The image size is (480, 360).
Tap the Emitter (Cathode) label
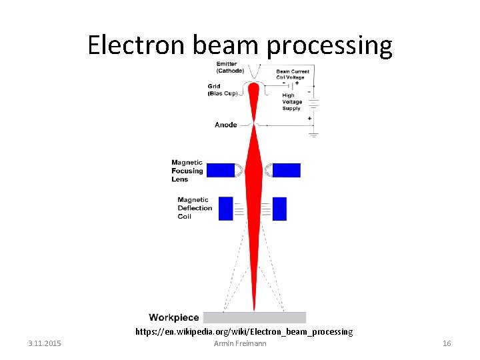230,67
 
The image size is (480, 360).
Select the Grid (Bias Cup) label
222,90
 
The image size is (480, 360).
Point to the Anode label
226,125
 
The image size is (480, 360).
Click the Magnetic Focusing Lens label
187,171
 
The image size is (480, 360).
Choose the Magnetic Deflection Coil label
195,208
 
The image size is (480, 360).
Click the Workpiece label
174,317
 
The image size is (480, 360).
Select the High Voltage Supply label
292,102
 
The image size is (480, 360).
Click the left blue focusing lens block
221,170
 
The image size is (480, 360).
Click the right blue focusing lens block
286,170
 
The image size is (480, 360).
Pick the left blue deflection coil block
226,208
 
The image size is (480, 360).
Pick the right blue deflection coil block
279,208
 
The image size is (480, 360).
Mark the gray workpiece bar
254,317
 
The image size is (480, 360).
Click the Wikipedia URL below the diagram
244,331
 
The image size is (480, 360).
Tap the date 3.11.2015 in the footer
45,343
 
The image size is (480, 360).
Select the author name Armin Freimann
240,343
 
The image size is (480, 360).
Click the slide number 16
447,343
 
